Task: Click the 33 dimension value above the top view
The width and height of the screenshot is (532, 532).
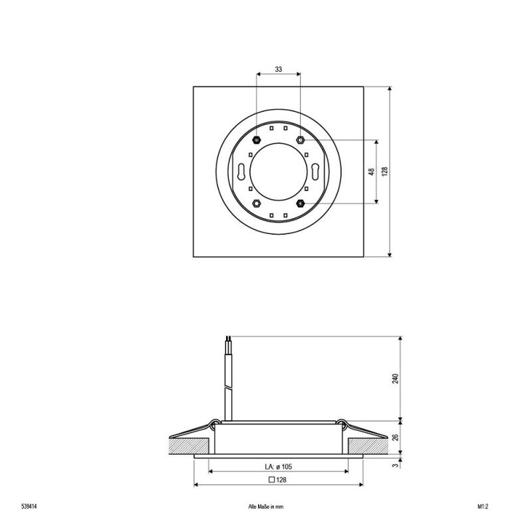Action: (x=278, y=69)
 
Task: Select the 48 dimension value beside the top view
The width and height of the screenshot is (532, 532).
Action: (x=370, y=172)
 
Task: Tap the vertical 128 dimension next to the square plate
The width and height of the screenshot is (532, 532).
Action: (x=384, y=172)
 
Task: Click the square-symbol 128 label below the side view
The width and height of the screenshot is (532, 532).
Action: (x=277, y=479)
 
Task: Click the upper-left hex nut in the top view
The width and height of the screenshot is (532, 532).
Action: (x=257, y=140)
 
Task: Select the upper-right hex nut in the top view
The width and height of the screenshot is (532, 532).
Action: (x=300, y=140)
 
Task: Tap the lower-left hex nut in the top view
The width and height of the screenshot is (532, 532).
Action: (x=257, y=203)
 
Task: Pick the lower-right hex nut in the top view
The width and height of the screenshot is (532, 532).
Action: (x=300, y=203)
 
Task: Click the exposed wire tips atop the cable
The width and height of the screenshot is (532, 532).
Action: (x=228, y=342)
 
